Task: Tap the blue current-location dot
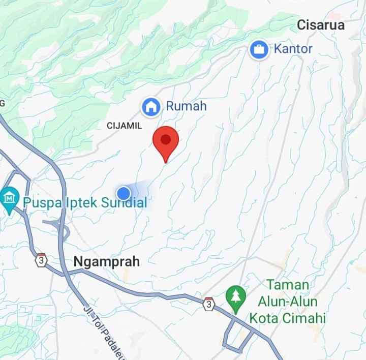coord(124,193)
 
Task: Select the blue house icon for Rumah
coord(150,107)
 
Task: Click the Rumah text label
coord(186,106)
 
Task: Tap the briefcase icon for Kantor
coord(260,50)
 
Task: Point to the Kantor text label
coord(293,49)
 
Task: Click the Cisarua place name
coord(321,25)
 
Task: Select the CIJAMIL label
coord(125,125)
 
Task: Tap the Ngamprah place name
coord(107,262)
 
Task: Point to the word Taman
coord(288,284)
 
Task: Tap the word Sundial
coord(124,203)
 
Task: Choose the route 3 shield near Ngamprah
coord(41,260)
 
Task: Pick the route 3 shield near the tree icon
coord(208,304)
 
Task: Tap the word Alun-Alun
coord(287,302)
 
